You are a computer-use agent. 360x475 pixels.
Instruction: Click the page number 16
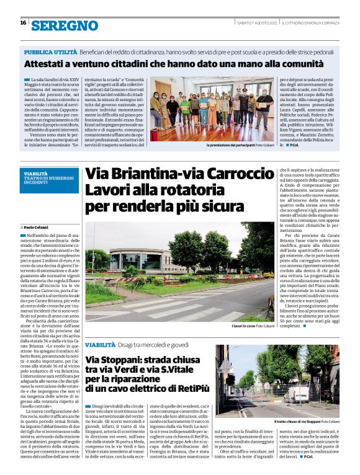point(23,22)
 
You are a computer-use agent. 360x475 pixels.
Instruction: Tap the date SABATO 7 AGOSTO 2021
point(256,23)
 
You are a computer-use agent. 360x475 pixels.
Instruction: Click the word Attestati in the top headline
point(47,64)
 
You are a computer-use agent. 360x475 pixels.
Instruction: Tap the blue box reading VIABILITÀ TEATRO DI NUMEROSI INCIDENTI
point(50,178)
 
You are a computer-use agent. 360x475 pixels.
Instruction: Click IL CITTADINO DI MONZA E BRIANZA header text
point(310,23)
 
